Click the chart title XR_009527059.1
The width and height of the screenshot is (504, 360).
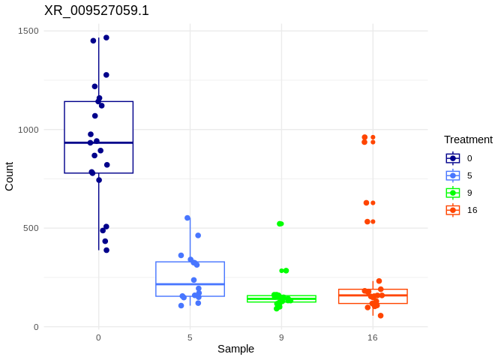97,10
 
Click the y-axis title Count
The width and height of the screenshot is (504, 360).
9,176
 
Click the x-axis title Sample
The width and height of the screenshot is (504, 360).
235,349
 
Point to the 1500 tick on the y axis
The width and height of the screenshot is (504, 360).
28,31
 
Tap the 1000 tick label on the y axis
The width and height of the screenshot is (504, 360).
28,130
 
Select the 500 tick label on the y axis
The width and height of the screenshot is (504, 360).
31,228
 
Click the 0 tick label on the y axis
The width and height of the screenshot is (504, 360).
36,327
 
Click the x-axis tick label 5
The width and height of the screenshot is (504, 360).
190,337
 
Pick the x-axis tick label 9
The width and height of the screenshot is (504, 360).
281,337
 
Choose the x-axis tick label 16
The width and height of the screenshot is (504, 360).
373,337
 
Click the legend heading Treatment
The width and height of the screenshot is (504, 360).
468,139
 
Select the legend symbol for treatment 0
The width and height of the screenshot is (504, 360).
453,158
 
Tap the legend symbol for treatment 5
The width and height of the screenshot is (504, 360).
453,175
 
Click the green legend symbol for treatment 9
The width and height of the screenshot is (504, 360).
453,193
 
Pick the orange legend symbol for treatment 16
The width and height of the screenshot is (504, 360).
453,210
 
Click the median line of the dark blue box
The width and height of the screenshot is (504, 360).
98,142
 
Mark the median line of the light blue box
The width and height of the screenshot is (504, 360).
190,284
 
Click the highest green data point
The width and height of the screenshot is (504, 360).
280,223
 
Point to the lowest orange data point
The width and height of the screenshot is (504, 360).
380,316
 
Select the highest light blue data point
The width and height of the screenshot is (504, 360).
187,218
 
